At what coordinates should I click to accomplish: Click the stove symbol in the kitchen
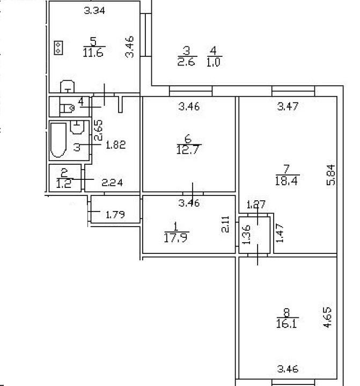(x=58, y=48)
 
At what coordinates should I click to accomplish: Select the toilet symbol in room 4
(x=68, y=109)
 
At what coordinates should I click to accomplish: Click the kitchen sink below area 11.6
(x=67, y=86)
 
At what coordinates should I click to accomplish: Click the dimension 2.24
(x=113, y=183)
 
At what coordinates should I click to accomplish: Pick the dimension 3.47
(x=287, y=107)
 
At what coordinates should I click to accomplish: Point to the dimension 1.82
(x=115, y=144)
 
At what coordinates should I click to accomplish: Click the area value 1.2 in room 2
(x=64, y=182)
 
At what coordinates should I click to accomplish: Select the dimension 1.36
(x=246, y=235)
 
